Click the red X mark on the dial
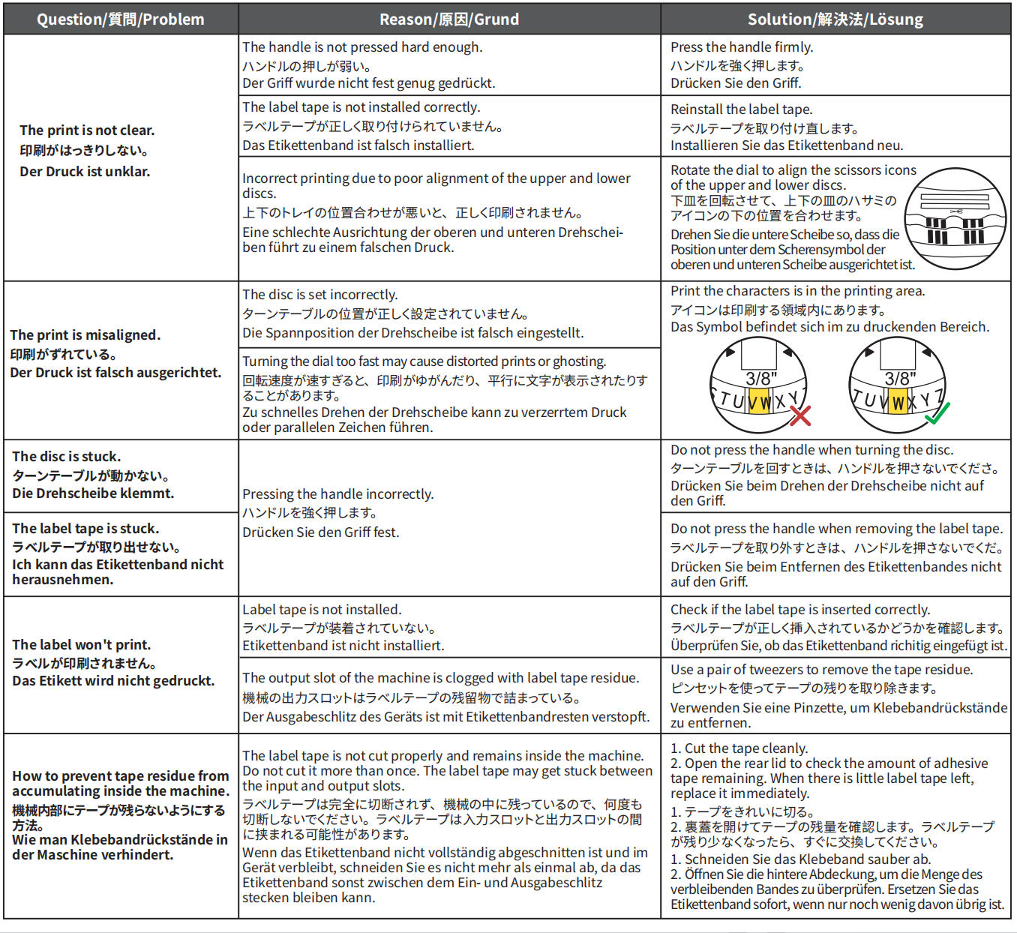(x=800, y=416)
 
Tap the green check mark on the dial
(x=937, y=413)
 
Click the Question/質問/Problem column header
(x=121, y=19)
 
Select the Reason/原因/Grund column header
(x=449, y=19)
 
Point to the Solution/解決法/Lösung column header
(x=835, y=19)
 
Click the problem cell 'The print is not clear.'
(x=87, y=130)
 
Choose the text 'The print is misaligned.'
(x=85, y=335)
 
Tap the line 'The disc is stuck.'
(x=67, y=457)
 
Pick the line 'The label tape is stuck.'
(x=85, y=529)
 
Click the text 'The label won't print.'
(x=82, y=645)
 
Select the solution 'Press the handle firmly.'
(x=742, y=47)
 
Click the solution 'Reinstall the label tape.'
(x=742, y=109)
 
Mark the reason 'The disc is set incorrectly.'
(x=320, y=295)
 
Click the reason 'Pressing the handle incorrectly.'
(x=338, y=494)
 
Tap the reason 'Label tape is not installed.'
(x=322, y=610)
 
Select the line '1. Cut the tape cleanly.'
(x=739, y=748)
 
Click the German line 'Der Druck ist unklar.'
(x=85, y=172)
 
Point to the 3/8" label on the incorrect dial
(x=761, y=379)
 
